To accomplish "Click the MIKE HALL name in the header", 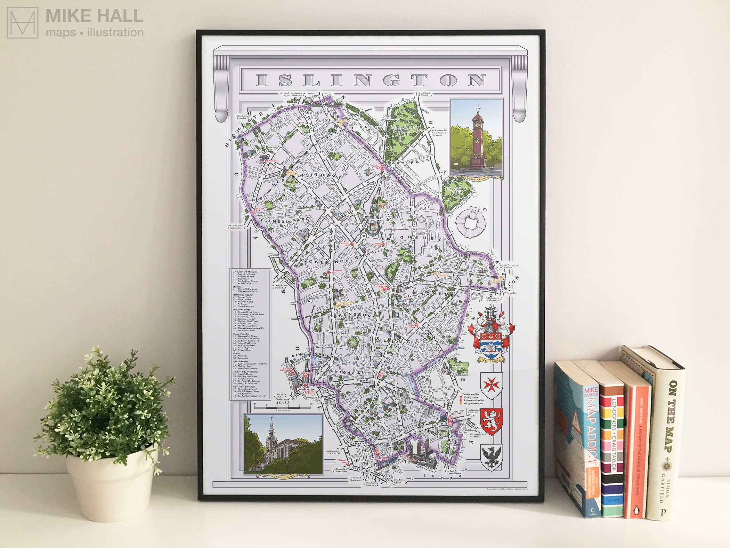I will click(94, 16).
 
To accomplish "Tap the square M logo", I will click(23, 23).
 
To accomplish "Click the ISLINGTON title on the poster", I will click(371, 80).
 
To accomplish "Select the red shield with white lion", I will click(492, 421).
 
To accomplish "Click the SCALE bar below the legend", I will click(283, 405).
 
